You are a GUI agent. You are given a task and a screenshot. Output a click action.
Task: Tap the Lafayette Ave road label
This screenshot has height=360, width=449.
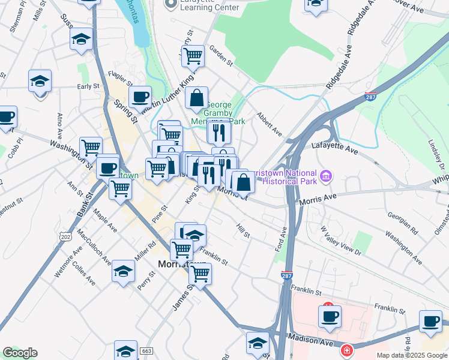[330, 145]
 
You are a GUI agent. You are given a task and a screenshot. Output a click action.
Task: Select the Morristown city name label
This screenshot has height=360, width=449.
[181, 264]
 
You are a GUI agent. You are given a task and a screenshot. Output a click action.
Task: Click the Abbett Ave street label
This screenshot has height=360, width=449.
[269, 122]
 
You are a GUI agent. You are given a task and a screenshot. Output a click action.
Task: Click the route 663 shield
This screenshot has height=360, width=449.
[146, 350]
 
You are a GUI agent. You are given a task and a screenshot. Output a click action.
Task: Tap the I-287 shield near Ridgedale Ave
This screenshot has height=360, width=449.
[370, 97]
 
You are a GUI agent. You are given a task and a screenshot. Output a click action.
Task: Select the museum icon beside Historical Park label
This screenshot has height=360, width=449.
[326, 176]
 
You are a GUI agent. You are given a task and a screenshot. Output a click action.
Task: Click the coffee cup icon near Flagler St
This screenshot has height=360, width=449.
[140, 96]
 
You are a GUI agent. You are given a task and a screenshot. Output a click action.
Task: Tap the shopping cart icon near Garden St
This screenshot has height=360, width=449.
[193, 56]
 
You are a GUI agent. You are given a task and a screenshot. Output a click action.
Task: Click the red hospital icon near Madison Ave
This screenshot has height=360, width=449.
[346, 350]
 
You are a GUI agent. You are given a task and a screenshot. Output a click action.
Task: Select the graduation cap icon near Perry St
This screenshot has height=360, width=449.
[123, 271]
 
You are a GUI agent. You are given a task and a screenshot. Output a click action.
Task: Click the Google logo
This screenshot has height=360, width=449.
[20, 353]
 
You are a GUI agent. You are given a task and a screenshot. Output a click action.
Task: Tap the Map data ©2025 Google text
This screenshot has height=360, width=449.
[411, 355]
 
